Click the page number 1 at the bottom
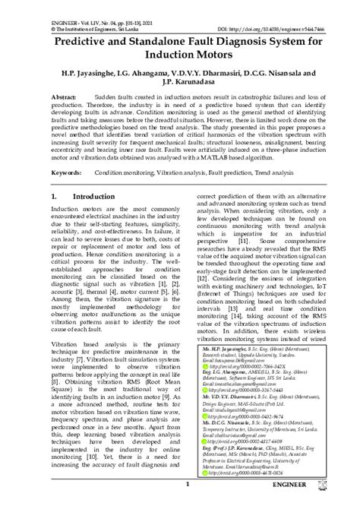coord(176,502)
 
